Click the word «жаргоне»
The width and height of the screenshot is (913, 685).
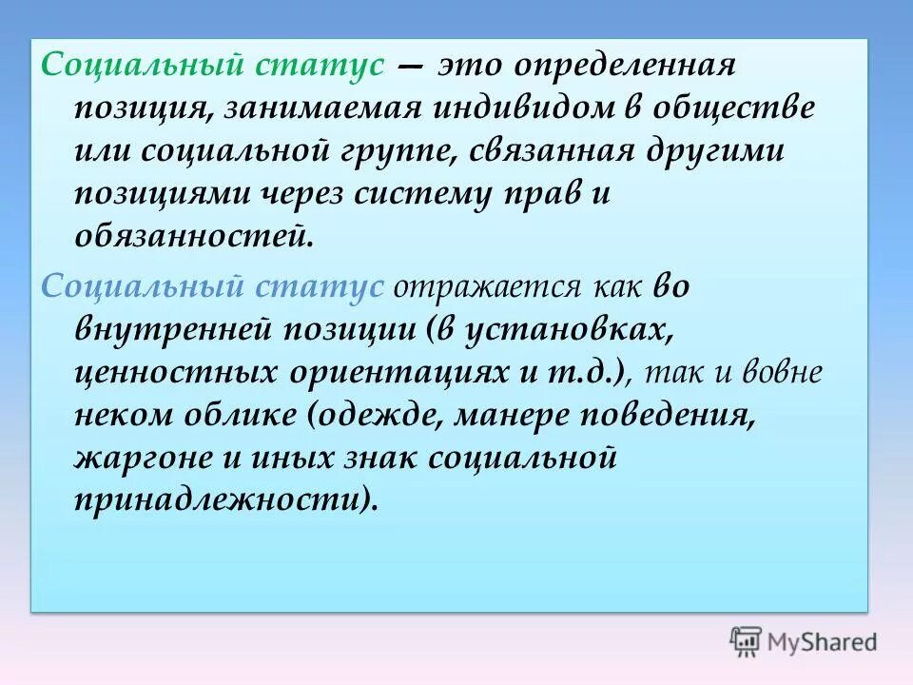point(144,459)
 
